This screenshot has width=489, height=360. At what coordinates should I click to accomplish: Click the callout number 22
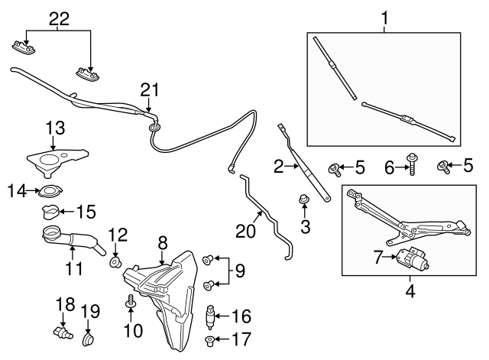(58, 18)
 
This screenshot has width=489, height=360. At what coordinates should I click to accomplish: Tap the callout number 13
(56, 128)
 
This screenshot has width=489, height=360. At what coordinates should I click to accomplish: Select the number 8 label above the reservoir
(162, 243)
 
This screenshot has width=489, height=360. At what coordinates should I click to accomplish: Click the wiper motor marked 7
(413, 261)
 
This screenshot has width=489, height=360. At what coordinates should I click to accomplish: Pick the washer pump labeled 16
(213, 314)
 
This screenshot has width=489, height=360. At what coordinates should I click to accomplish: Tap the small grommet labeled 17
(210, 338)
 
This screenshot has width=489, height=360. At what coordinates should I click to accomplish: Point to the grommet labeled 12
(115, 262)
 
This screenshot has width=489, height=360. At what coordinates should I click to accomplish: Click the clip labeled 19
(87, 336)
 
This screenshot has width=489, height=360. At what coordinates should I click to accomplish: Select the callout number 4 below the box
(410, 290)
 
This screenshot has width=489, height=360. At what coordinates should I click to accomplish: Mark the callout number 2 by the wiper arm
(279, 164)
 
